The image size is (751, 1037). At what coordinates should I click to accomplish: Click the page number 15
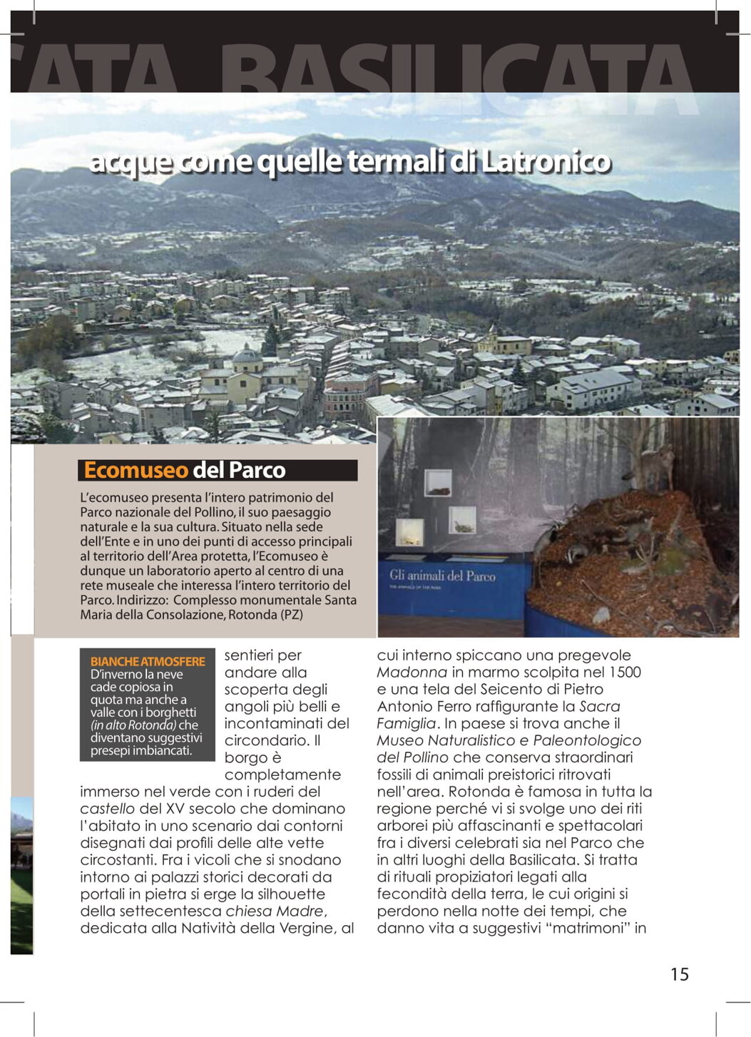[679, 974]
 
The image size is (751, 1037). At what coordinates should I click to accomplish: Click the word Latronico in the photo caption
[546, 162]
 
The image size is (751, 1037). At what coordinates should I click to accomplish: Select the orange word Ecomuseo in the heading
[136, 470]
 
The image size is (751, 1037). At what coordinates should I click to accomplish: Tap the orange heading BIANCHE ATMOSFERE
[148, 661]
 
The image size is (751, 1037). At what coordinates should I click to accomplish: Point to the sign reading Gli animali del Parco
[442, 576]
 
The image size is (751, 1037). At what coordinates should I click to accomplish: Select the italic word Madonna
[412, 672]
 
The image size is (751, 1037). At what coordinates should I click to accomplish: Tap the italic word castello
[107, 809]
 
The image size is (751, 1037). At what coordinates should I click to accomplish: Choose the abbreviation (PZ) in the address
[292, 615]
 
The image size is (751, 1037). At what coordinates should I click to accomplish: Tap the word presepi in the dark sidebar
[110, 751]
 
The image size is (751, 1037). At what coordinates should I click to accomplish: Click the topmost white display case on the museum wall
[437, 484]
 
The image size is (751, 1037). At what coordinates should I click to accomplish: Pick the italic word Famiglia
[405, 723]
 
